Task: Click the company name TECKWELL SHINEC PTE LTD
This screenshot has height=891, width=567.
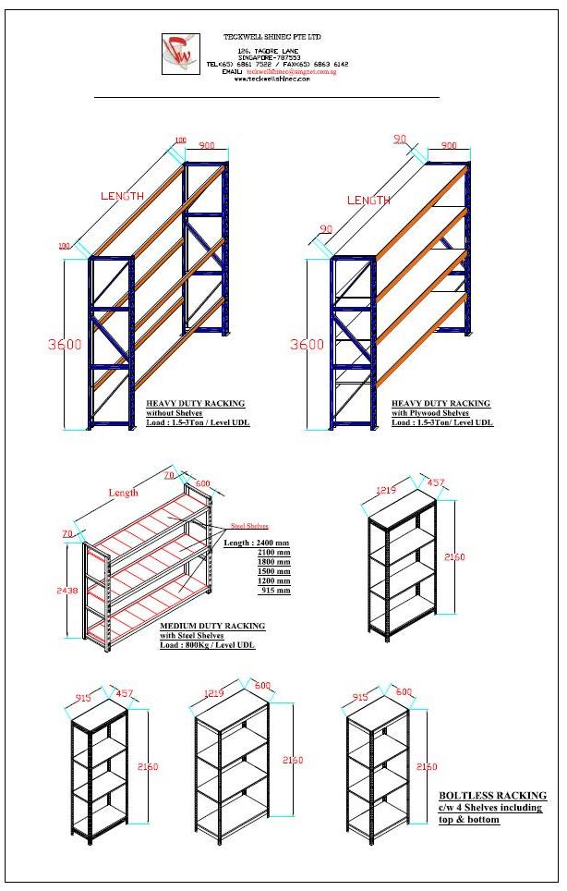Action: [271, 36]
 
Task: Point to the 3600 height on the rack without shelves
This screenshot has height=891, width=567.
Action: [65, 345]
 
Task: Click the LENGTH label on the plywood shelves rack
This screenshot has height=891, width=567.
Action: [368, 201]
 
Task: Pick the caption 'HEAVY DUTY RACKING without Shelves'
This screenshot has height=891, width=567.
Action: [195, 408]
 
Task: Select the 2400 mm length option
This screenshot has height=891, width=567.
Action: [269, 543]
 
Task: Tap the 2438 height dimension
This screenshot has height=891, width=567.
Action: [66, 590]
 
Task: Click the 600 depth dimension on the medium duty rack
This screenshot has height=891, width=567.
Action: [202, 482]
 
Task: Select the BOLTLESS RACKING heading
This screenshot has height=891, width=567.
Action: [492, 795]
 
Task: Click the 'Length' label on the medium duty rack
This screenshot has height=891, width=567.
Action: [123, 493]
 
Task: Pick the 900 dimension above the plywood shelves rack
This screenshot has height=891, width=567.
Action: [449, 146]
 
